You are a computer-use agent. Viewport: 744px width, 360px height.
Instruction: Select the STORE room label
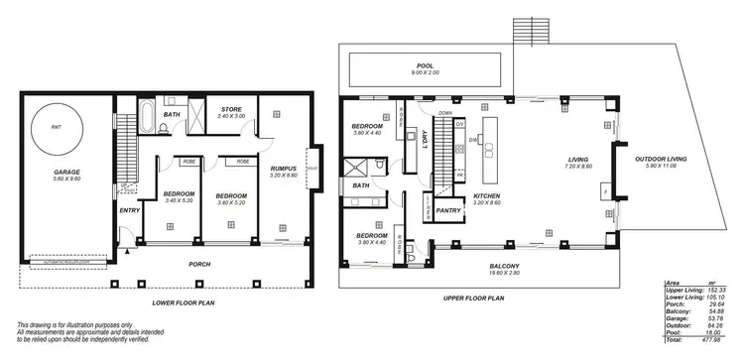tap(231, 109)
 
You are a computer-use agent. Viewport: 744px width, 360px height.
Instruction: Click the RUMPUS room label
tap(284, 169)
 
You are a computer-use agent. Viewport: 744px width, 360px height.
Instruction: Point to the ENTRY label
tap(129, 210)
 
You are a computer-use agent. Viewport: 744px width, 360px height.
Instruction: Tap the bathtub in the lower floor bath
tap(143, 118)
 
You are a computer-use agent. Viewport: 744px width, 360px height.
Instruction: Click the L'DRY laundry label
tap(421, 147)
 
